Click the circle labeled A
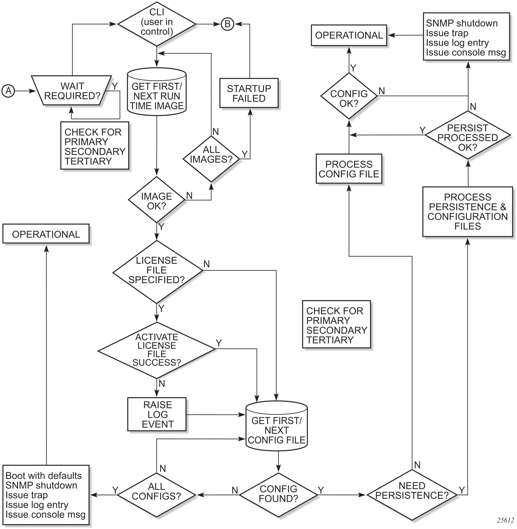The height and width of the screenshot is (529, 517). coord(8,91)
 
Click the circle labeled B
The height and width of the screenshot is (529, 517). coord(227,24)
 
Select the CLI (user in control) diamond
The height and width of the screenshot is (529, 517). coord(157,24)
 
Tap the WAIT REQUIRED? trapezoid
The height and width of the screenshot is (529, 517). coord(72,91)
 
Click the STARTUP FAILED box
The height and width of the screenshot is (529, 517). coord(249,93)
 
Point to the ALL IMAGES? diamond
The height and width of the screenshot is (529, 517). coord(211,159)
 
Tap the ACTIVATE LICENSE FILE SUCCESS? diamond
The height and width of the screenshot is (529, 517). coord(157,350)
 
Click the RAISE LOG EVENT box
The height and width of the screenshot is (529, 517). coord(157,414)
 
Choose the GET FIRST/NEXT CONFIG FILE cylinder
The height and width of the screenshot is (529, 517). coord(277,426)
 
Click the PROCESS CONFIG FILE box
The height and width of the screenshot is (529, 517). coord(349,169)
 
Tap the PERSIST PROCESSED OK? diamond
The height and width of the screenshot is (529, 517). coord(468,135)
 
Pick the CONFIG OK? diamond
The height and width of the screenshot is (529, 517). coord(349,96)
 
